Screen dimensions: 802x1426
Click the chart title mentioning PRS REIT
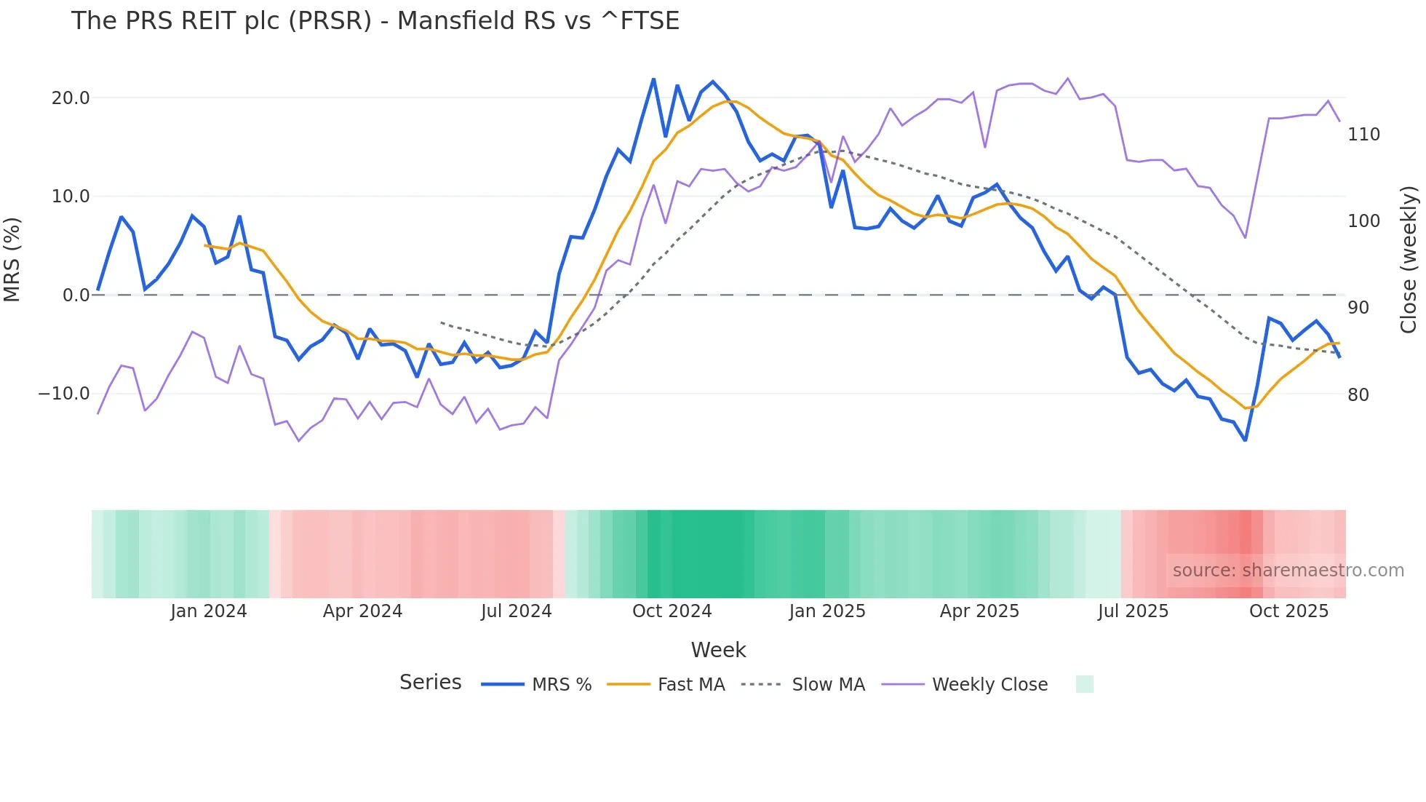[x=375, y=21]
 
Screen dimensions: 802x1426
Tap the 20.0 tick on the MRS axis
[x=71, y=98]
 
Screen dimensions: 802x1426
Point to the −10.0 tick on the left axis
[x=64, y=394]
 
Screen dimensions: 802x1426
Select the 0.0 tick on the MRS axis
[x=76, y=295]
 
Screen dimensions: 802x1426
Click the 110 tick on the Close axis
[x=1363, y=135]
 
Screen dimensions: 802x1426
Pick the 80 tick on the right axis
[x=1358, y=395]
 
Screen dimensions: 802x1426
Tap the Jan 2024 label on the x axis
[x=209, y=611]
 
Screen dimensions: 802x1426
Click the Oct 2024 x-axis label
[x=672, y=611]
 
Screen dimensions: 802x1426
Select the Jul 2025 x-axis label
[x=1133, y=611]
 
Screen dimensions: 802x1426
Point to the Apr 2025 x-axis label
[x=979, y=611]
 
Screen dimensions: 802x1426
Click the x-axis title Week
[x=718, y=650]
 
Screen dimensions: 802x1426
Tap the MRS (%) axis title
[x=12, y=259]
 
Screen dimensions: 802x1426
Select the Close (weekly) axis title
[x=1409, y=259]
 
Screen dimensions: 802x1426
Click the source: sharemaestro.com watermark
[x=1288, y=571]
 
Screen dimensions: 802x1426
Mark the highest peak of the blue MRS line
[x=653, y=79]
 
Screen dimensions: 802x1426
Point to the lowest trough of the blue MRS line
[x=1245, y=440]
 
